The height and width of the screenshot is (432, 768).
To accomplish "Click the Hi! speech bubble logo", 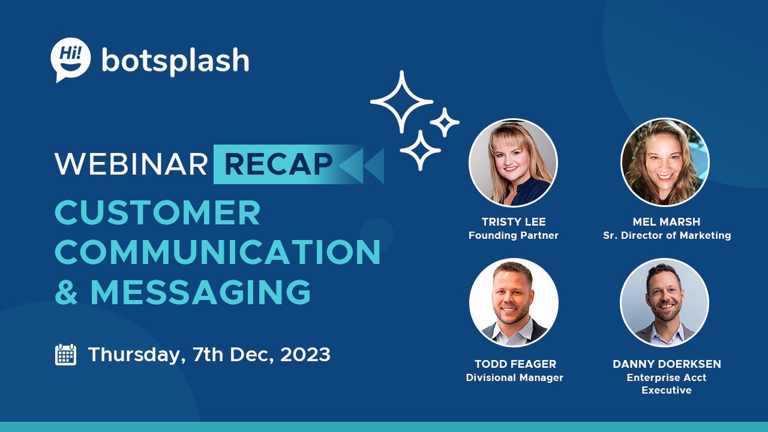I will coord(71,58).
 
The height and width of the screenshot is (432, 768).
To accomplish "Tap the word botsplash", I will coord(175,61).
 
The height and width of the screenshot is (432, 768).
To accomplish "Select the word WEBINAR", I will coord(131,164).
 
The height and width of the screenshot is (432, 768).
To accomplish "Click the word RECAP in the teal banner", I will coord(279,164).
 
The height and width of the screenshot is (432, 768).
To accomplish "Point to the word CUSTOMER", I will coord(158,213).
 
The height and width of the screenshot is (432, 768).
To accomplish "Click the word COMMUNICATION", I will coord(218,252).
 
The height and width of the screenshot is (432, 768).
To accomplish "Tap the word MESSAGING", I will coord(200,292).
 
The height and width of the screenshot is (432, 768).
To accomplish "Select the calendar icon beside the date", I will coord(65,355).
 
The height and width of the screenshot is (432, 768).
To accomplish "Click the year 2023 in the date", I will coord(305,355).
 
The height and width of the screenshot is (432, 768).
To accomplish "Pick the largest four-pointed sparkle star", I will coord(401,101).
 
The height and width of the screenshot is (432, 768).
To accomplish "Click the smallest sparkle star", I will coord(445,122).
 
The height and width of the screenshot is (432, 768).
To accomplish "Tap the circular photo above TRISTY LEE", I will coord(513,163).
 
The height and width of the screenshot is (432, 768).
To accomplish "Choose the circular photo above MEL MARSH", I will coord(665,162).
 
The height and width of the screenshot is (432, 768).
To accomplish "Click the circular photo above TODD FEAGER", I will coord(514,303).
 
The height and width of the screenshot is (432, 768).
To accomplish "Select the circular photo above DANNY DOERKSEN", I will coord(665,303).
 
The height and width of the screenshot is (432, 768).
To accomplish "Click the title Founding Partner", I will coord(514,236).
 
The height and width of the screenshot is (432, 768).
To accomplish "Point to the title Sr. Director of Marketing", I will coord(667,236).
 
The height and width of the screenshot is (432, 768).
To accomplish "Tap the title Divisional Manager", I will coord(515,378).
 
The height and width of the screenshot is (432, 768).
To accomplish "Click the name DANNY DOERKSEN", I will coord(667,364).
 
